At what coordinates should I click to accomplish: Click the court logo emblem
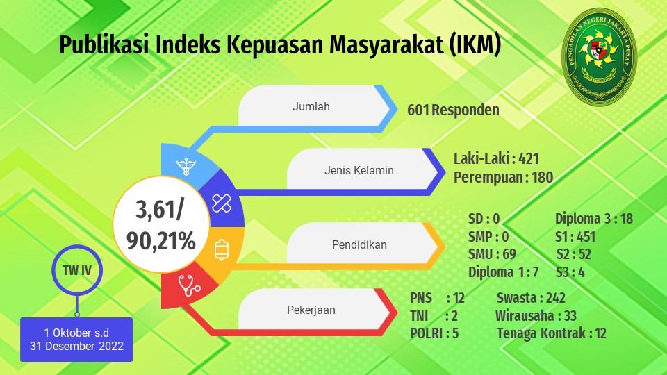599,57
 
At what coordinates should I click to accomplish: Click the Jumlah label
311,106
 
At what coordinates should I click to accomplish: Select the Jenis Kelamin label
359,171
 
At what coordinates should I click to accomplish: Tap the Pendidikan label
359,245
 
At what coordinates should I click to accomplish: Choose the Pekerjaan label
311,310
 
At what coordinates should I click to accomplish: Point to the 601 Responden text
454,110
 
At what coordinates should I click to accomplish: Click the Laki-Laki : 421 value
496,158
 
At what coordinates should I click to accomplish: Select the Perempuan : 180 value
503,177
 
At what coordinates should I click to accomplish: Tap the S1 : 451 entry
575,236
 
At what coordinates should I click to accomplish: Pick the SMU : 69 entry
492,254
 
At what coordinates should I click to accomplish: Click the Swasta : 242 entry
531,298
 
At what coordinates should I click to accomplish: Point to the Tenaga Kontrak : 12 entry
551,333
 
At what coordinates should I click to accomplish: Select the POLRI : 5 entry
434,333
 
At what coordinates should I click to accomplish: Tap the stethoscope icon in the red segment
189,285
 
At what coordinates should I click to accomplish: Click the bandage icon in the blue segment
222,203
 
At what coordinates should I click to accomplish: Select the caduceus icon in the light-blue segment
186,166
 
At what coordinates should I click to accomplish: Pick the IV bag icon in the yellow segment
222,249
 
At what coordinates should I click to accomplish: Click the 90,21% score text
160,241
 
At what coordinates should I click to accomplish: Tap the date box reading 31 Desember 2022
76,340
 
